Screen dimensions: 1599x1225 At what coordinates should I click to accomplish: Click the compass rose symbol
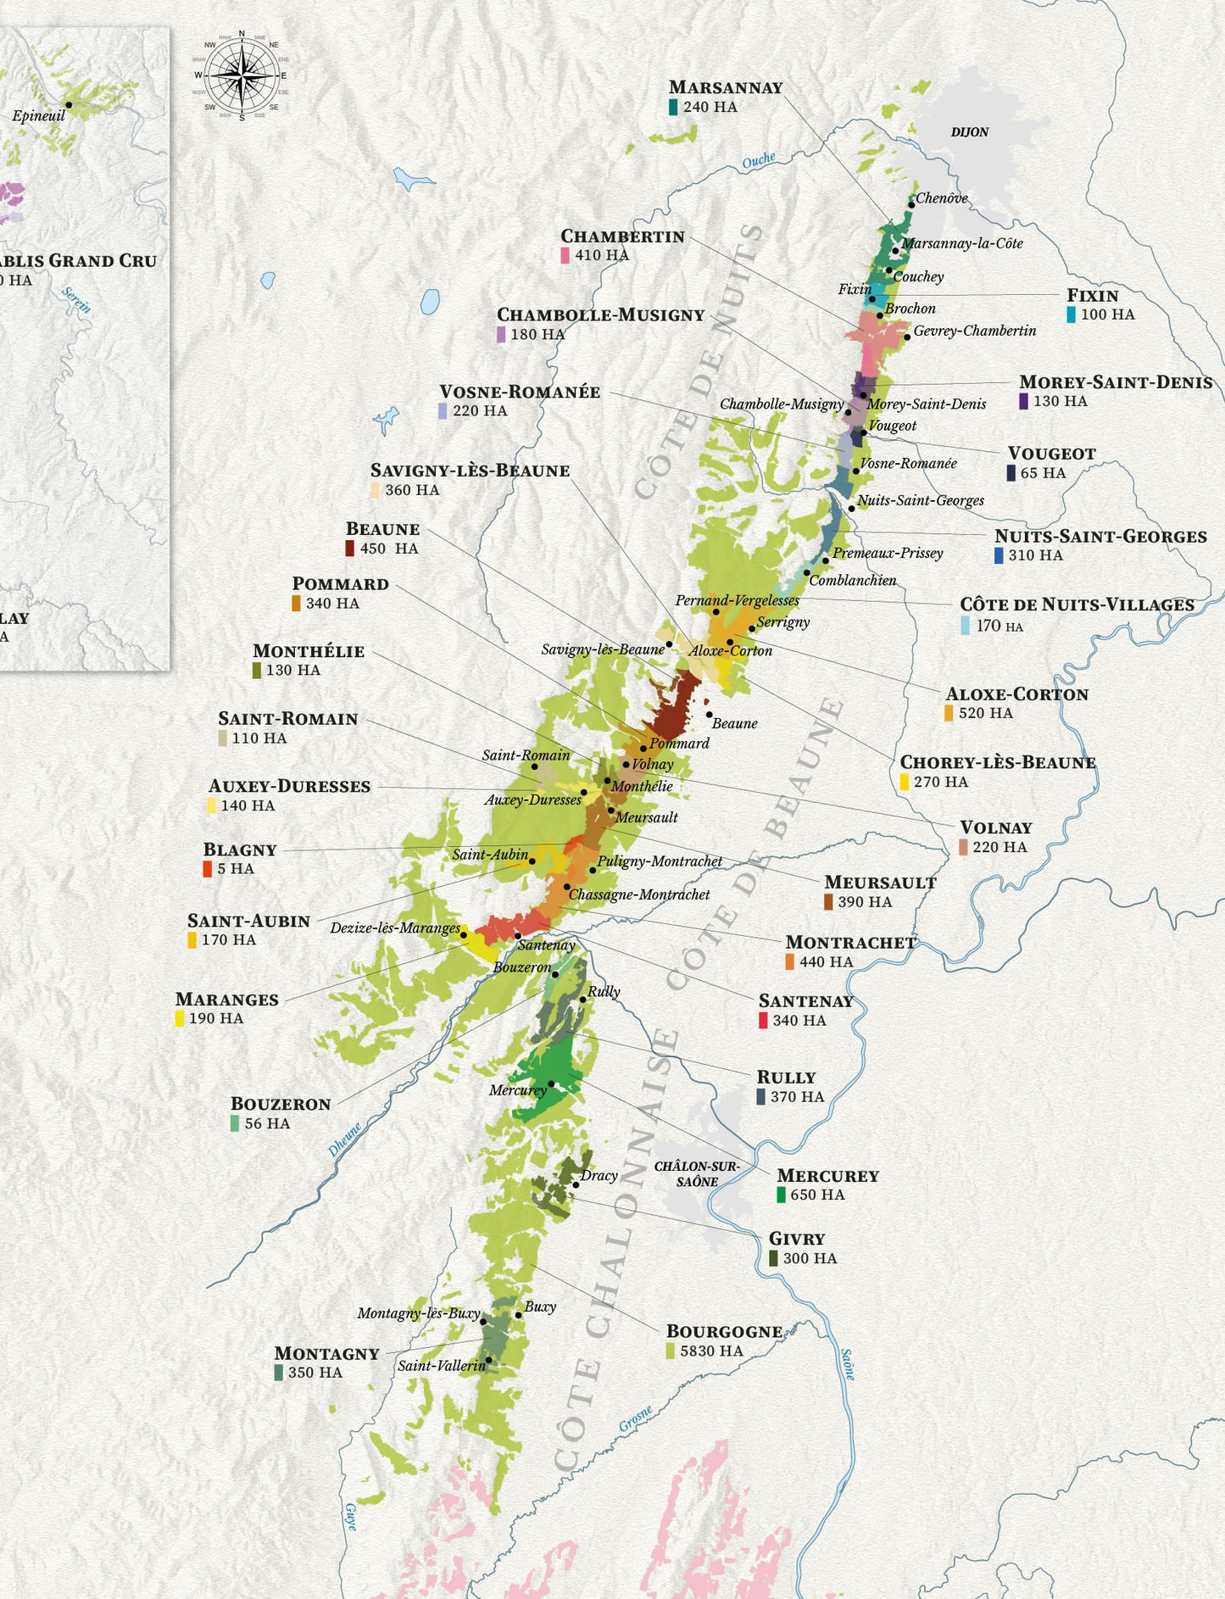(x=242, y=75)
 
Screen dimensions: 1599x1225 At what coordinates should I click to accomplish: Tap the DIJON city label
(x=970, y=132)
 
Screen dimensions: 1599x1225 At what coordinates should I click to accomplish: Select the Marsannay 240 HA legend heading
(x=725, y=87)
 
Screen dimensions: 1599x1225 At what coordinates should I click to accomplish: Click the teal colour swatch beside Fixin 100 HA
(x=1072, y=315)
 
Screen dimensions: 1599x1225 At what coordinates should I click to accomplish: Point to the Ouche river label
(x=758, y=160)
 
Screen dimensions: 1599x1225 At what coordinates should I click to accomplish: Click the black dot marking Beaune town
(x=709, y=715)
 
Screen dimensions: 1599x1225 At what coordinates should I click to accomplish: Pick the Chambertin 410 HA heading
(x=622, y=237)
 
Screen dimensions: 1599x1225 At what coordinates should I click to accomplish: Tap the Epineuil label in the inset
(x=38, y=116)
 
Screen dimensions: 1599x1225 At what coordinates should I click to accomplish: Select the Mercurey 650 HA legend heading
(x=827, y=1176)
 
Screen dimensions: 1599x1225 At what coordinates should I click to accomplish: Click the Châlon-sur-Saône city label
(x=697, y=1174)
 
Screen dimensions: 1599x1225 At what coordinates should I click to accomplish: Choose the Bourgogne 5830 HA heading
(x=724, y=1331)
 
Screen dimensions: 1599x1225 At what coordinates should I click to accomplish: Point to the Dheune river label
(x=345, y=1139)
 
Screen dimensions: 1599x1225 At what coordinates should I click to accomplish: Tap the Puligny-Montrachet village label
(x=660, y=861)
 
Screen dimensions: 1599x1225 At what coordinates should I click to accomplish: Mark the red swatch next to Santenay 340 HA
(x=763, y=1021)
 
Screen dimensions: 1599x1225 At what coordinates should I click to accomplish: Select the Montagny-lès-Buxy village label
(x=418, y=1313)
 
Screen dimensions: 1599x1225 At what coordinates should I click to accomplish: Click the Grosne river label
(x=635, y=1418)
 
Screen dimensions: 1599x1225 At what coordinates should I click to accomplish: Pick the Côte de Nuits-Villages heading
(x=1077, y=604)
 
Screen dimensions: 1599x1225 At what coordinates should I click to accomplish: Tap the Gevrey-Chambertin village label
(x=974, y=331)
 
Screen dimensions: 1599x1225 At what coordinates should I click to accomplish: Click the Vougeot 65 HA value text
(x=1043, y=473)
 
